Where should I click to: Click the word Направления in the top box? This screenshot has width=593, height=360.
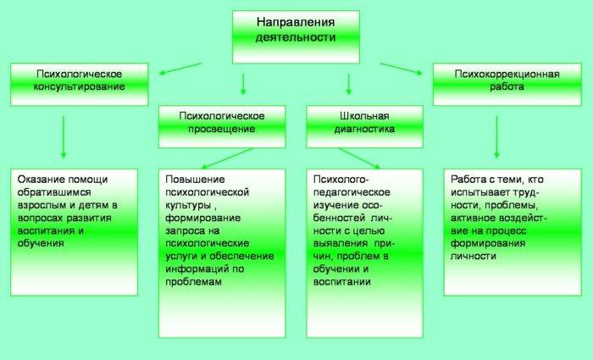coord(296,22)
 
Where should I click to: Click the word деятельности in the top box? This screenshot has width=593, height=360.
coord(296,37)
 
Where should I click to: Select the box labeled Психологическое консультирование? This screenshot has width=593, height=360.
coord(80,84)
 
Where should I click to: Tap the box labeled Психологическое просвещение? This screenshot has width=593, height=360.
coord(222,126)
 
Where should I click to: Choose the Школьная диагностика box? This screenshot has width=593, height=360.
coord(364,126)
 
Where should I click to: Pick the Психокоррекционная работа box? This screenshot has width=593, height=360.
coord(507,84)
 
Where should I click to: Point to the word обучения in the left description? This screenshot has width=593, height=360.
coord(41,243)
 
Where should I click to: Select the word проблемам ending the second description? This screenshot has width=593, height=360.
coord(193,282)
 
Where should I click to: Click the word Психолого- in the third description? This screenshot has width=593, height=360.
coord(341,180)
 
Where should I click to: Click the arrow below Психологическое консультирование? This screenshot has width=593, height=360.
coord(64,137)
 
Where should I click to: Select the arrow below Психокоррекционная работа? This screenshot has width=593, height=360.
coord(496,137)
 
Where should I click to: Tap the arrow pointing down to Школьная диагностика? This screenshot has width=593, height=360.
coord(349,84)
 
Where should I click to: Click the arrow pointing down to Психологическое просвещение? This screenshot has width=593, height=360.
coord(243,84)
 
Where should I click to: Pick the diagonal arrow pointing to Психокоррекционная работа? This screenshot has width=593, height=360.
coord(401,69)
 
